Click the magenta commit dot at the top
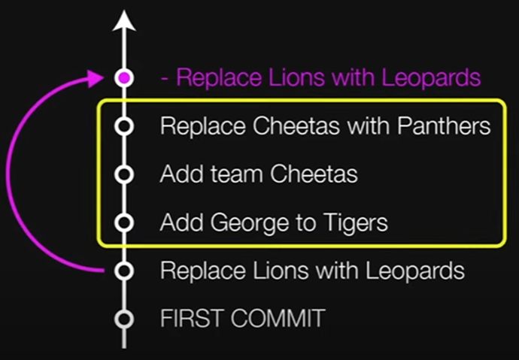pos(125,77)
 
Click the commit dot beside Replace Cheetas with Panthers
pos(125,126)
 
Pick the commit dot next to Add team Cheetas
pos(125,174)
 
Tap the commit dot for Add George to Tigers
pos(125,222)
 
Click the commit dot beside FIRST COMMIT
pos(125,319)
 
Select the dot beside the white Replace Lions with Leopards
pos(125,270)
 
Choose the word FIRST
pos(192,319)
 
